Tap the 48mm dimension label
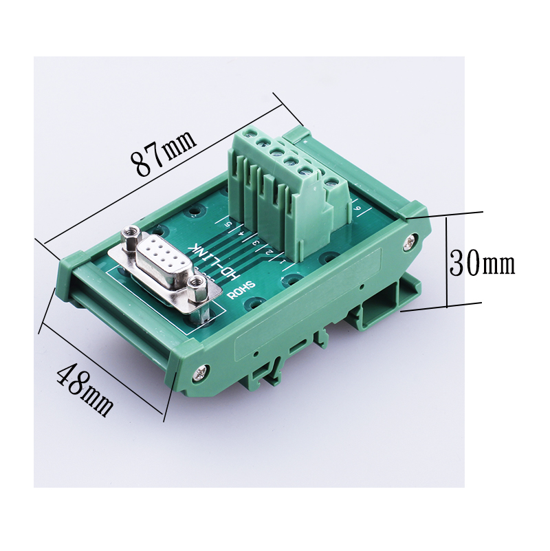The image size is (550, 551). pyautogui.click(x=85, y=390)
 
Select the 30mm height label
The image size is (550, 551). pyautogui.click(x=482, y=263)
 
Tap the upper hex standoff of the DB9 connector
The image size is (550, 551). pyautogui.click(x=131, y=239)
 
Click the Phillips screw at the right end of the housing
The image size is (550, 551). pyautogui.click(x=410, y=241)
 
